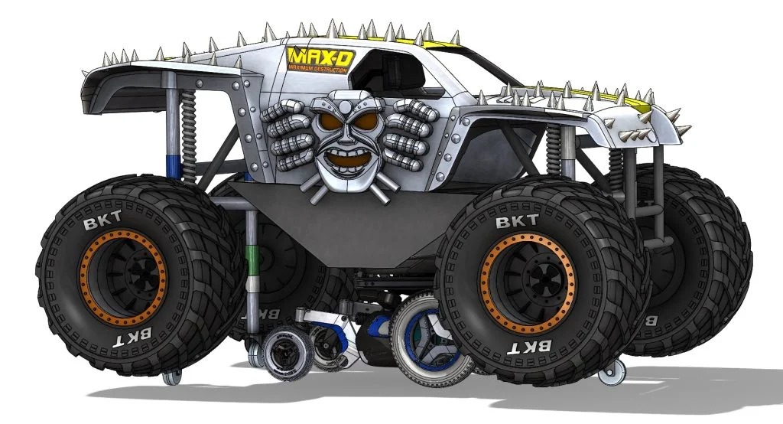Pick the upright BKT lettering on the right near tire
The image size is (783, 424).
coord(512,222)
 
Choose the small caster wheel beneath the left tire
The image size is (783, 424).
coord(172,376)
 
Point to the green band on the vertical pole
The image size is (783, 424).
coord(250,264)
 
